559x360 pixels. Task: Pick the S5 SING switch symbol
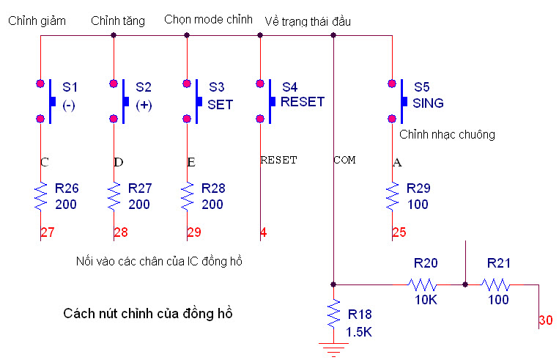click(397, 101)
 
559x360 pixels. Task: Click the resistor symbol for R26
click(40, 196)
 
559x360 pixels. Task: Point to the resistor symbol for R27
click(114, 196)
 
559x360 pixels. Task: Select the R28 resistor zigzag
click(187, 196)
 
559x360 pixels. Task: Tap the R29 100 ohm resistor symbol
click(392, 196)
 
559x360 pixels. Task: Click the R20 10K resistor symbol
click(422, 284)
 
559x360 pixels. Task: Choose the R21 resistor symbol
click(495, 284)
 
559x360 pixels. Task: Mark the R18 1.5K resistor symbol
click(333, 314)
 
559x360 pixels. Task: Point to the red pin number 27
click(48, 233)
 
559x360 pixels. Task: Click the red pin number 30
click(547, 320)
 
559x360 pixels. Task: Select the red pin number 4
click(263, 233)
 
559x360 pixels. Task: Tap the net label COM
click(344, 160)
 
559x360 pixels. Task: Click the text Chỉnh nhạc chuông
click(447, 135)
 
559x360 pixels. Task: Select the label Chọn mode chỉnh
click(208, 19)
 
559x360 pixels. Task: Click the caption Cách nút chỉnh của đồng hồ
click(148, 314)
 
